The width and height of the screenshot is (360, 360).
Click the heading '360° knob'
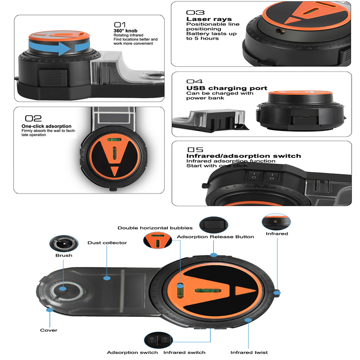pyautogui.click(x=126, y=31)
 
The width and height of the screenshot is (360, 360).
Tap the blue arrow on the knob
pyautogui.click(x=58, y=48)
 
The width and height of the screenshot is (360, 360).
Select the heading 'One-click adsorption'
pyautogui.click(x=46, y=126)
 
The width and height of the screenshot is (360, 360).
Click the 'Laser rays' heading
pyautogui.click(x=209, y=19)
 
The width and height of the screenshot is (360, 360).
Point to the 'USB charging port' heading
pyautogui.click(x=227, y=88)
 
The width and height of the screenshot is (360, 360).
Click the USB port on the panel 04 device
pyautogui.click(x=304, y=117)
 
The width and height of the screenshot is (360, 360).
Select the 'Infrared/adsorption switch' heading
pyautogui.click(x=243, y=156)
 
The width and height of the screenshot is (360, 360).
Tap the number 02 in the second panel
pyautogui.click(x=33, y=118)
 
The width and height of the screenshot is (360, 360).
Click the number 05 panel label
pyautogui.click(x=195, y=150)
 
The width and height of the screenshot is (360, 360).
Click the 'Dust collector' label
pyautogui.click(x=107, y=243)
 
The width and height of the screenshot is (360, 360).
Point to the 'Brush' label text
pyautogui.click(x=64, y=255)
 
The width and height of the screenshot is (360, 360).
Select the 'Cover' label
pyautogui.click(x=49, y=330)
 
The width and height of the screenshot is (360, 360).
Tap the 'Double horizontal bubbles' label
pyautogui.click(x=155, y=228)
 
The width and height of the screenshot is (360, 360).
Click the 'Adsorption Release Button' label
pyautogui.click(x=216, y=237)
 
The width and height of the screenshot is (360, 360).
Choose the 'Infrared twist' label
pyautogui.click(x=249, y=352)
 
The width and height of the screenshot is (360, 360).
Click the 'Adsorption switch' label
pyautogui.click(x=132, y=352)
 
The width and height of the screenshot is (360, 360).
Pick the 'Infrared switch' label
pyautogui.click(x=184, y=352)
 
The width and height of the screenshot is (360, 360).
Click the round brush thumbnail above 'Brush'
pyautogui.click(x=64, y=243)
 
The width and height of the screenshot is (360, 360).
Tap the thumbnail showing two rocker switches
pyautogui.click(x=158, y=340)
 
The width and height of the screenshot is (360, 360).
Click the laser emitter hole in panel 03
pyautogui.click(x=280, y=31)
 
